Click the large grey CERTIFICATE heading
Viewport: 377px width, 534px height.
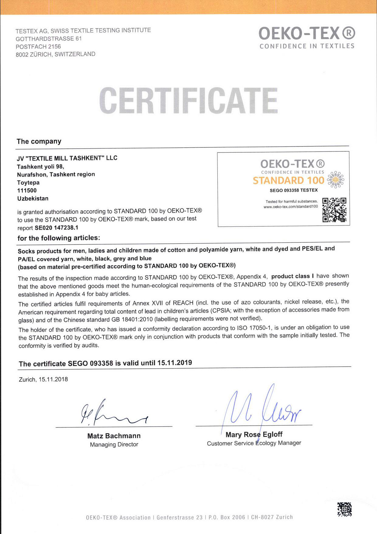188,100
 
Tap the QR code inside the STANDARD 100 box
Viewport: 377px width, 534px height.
334,210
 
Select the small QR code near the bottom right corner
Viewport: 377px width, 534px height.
344,509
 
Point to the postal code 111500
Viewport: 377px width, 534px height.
27,191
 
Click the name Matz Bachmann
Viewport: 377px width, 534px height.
114,436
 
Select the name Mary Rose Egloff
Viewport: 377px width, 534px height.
254,434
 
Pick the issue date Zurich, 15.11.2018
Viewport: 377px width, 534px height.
43,379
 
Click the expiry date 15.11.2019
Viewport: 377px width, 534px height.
175,363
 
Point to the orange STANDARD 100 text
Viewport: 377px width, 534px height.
289,181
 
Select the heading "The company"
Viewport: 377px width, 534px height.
39,141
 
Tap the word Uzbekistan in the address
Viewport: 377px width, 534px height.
33,198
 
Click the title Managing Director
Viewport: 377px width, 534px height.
114,444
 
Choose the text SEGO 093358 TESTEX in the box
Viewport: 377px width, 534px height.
294,190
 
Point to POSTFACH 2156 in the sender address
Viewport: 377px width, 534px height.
38,47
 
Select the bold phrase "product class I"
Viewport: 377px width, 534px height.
292,276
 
